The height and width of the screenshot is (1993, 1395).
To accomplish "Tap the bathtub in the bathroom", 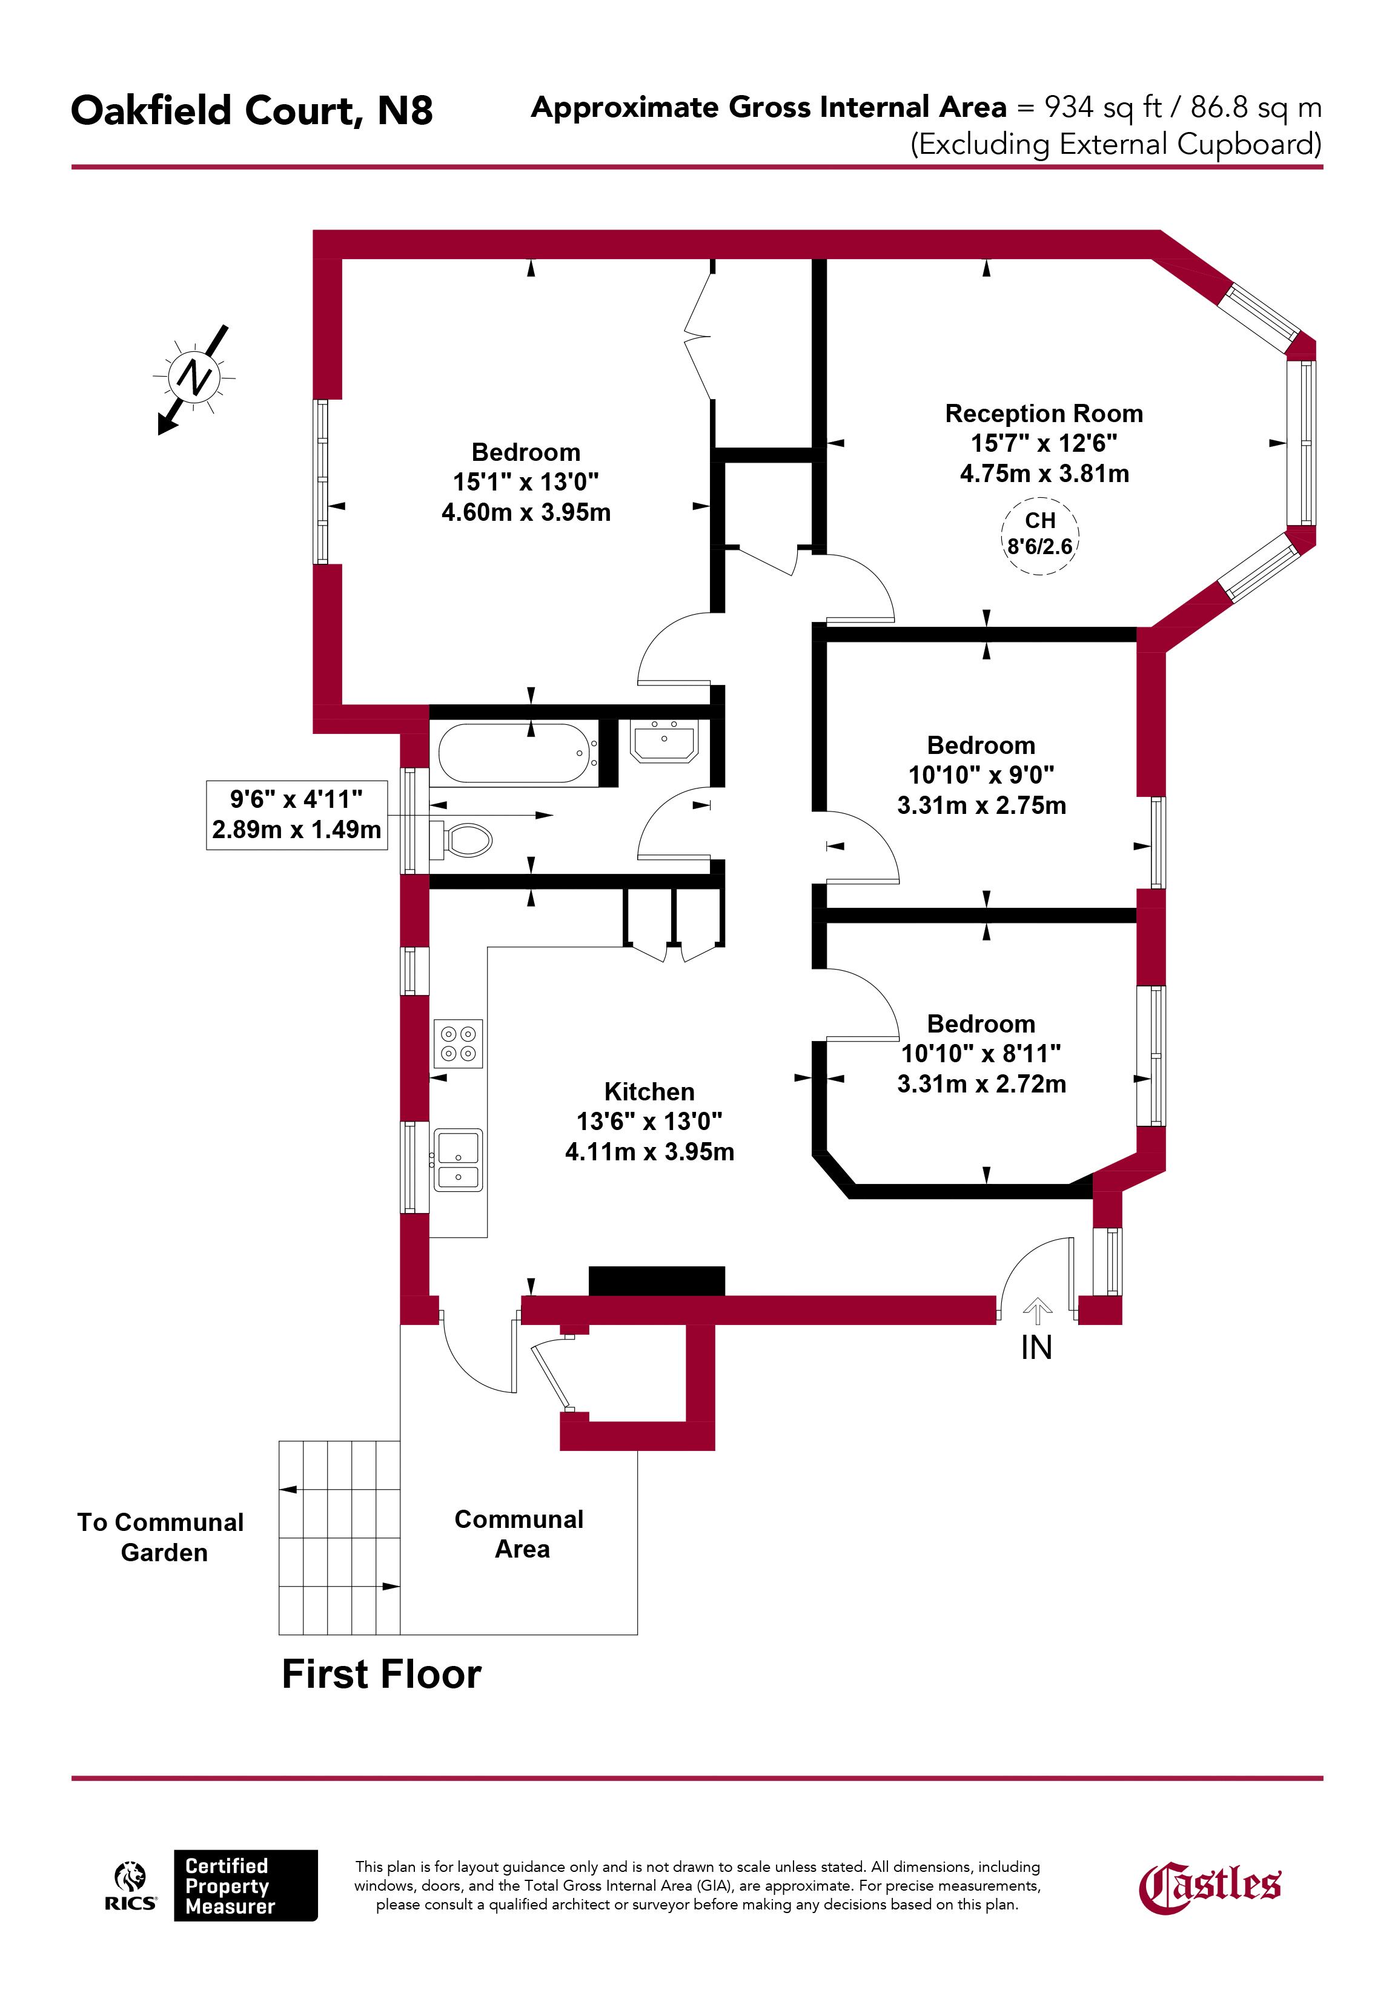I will tap(514, 753).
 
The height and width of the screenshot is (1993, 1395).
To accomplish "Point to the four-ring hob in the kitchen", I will tap(457, 1042).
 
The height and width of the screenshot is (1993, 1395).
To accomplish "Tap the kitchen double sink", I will tap(457, 1160).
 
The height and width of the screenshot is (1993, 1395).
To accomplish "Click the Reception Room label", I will tap(1044, 413).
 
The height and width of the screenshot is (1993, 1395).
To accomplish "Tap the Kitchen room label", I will tap(649, 1091).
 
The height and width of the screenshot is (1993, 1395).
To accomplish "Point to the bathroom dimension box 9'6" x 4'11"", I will tap(296, 814).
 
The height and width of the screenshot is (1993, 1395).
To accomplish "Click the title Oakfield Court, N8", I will tap(252, 111).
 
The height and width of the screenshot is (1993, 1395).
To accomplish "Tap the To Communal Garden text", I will tap(161, 1537).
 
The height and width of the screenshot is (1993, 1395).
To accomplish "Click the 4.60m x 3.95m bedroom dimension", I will tap(526, 512).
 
